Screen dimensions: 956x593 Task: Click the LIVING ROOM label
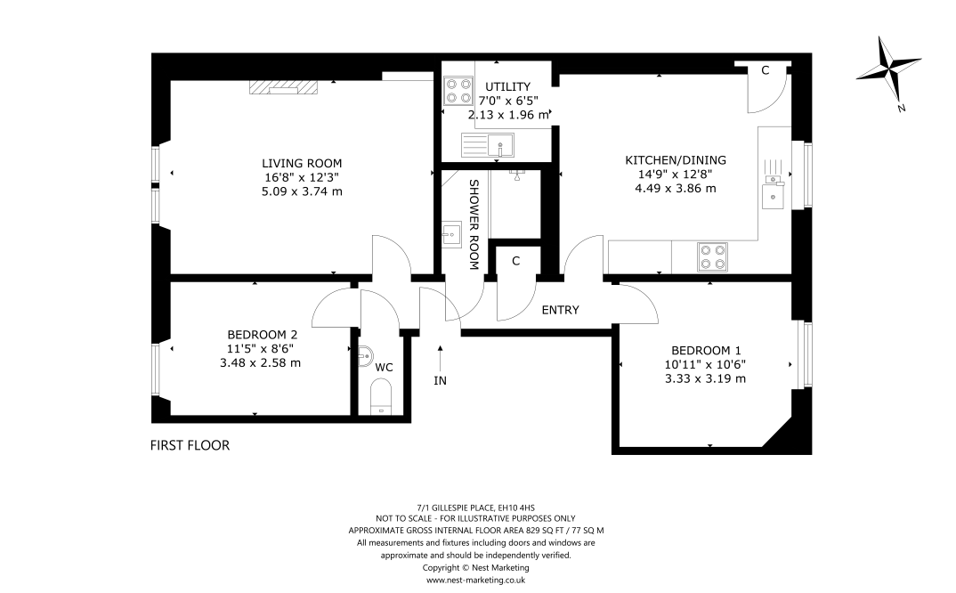[302, 163]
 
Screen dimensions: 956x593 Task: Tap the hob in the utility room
[458, 90]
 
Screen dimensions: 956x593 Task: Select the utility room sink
[488, 146]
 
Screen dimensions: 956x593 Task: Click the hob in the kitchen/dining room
[712, 256]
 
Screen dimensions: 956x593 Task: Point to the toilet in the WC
[381, 396]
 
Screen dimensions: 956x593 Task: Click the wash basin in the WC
[363, 356]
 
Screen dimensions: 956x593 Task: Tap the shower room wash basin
[452, 234]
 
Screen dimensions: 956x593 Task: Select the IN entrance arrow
[440, 357]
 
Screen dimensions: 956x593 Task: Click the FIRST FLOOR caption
[190, 445]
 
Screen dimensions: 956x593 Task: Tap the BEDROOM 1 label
[706, 350]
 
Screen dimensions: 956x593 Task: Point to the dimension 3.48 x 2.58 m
[260, 363]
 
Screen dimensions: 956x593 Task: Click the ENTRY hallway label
[560, 310]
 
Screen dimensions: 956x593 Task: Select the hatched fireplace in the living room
[284, 87]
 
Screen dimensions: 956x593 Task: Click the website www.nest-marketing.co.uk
[475, 581]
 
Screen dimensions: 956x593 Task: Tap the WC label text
[385, 367]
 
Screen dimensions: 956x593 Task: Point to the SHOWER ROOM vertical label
[474, 224]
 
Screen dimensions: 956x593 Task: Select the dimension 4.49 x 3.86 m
[676, 189]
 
